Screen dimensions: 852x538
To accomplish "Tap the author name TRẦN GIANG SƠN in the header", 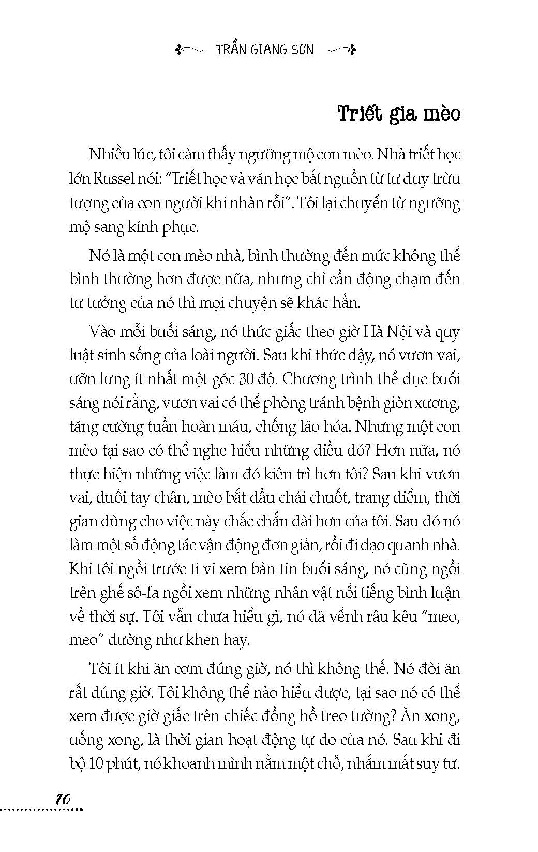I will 265,50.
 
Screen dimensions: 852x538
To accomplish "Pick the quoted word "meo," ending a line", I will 441,616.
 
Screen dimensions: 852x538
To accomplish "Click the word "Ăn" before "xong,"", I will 415,716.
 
